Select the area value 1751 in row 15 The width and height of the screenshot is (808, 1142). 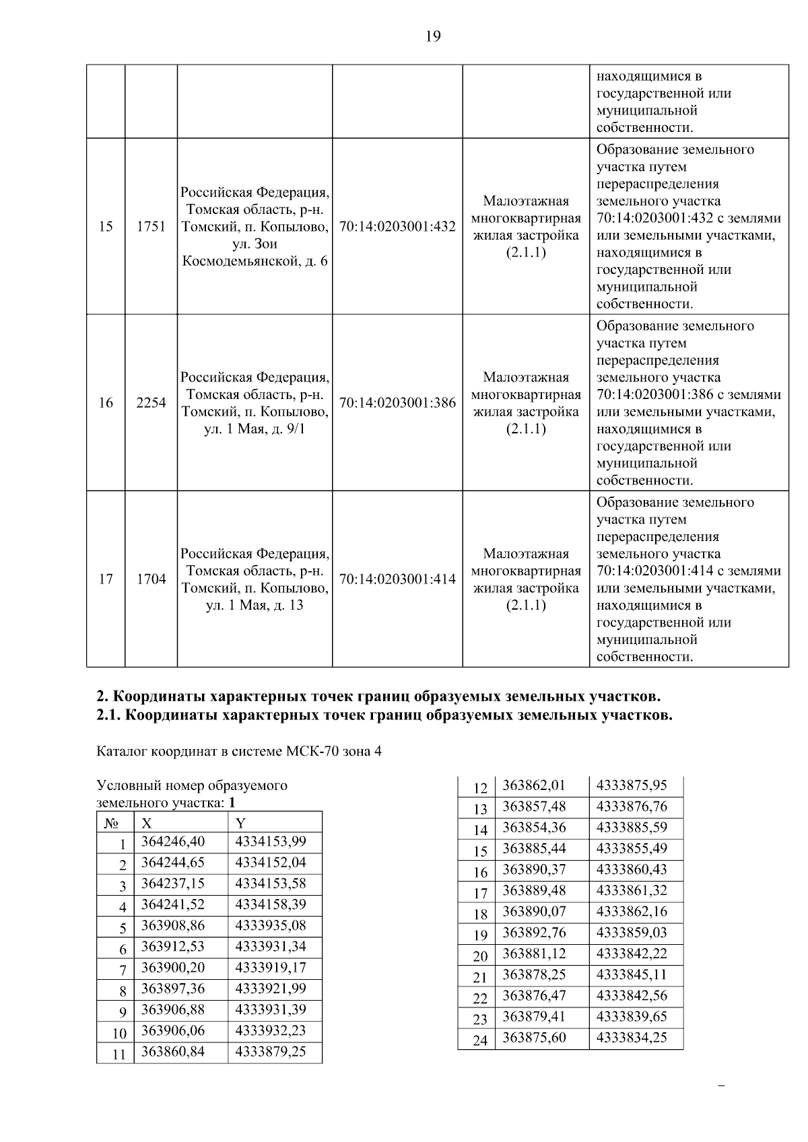pyautogui.click(x=151, y=227)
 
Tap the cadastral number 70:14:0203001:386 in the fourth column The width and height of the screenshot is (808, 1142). pyautogui.click(x=397, y=403)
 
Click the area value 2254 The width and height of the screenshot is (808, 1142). pyautogui.click(x=151, y=403)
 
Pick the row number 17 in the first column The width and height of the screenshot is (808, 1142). pyautogui.click(x=106, y=579)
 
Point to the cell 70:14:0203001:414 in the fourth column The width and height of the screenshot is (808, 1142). pyautogui.click(x=397, y=579)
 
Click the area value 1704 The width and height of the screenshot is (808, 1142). pyautogui.click(x=151, y=579)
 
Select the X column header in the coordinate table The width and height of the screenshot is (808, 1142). pyautogui.click(x=147, y=823)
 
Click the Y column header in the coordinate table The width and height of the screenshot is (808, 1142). pyautogui.click(x=240, y=823)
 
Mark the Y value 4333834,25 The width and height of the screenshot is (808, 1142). pyautogui.click(x=632, y=1038)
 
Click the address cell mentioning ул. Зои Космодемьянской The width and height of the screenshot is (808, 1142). pyautogui.click(x=255, y=227)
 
